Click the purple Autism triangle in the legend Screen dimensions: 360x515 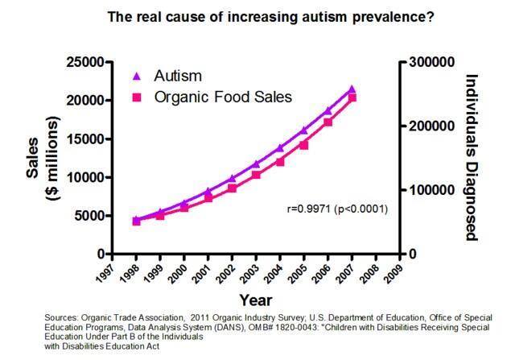tap(136, 77)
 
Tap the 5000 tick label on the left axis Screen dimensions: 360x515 tap(88, 216)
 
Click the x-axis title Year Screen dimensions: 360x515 tap(256, 300)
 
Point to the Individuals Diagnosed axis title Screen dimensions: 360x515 tap(472, 157)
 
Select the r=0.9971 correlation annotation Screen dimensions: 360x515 tap(338, 209)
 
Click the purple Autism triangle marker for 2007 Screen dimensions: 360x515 tap(351, 89)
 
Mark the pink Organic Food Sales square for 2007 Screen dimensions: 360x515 tap(352, 97)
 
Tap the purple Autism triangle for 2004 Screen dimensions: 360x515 tap(279, 147)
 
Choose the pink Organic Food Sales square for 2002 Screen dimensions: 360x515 tap(233, 188)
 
